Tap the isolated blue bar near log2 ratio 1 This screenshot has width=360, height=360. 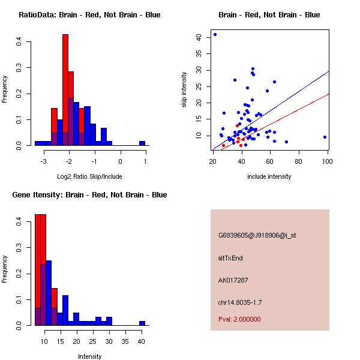142,143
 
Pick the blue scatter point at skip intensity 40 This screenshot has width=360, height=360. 215,35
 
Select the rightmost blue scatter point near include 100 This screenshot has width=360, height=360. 325,137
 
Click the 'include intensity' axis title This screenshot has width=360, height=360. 269,177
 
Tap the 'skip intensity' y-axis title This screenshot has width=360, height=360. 185,90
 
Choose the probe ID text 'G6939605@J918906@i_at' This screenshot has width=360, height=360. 257,235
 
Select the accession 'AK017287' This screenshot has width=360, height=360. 233,280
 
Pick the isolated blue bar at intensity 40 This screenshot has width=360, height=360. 142,323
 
